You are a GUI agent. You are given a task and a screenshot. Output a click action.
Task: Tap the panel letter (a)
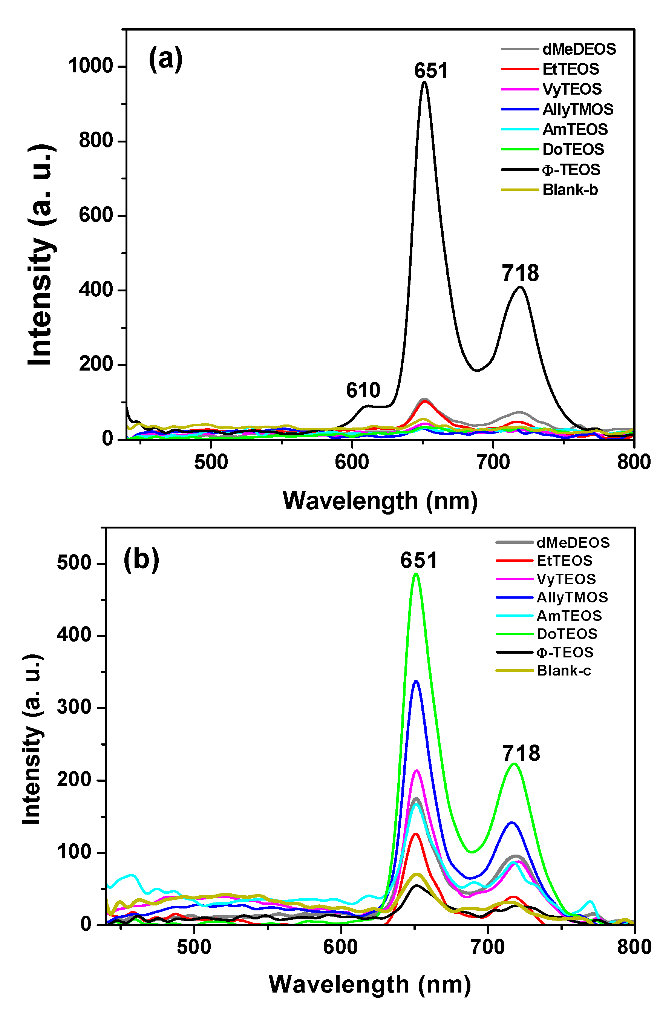165,59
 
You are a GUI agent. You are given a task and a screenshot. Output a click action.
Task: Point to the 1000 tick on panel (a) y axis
90,66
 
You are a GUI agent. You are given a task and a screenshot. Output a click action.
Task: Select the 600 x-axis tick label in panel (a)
351,463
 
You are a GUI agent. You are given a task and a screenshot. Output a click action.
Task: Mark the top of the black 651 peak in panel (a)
424,82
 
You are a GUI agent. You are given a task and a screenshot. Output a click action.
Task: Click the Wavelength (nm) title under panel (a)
380,501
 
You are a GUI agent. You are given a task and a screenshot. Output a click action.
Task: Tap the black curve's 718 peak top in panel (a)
520,287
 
